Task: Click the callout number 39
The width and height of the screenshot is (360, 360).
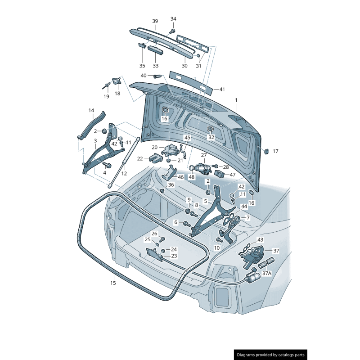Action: (x=155, y=21)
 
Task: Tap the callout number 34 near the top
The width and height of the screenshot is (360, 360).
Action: (x=173, y=19)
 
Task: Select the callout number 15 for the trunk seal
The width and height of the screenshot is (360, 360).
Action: (x=113, y=283)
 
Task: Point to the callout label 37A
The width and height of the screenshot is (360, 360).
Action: (x=266, y=273)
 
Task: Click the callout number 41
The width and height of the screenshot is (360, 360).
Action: (x=222, y=89)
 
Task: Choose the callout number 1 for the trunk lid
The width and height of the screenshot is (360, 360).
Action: (x=236, y=99)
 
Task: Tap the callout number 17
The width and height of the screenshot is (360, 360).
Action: (x=276, y=151)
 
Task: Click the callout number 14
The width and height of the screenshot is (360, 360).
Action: (x=91, y=110)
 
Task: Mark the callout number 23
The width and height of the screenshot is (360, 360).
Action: (x=174, y=256)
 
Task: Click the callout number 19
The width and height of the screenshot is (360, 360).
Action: (x=106, y=96)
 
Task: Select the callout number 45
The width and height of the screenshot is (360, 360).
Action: (x=187, y=137)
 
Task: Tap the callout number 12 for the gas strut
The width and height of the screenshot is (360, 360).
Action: (x=124, y=173)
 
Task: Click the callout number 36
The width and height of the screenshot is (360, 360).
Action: (x=171, y=185)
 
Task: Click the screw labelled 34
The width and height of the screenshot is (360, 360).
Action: (x=172, y=31)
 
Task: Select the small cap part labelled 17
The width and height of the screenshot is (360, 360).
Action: (x=265, y=151)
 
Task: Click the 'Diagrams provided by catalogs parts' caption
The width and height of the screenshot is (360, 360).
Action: (x=271, y=355)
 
